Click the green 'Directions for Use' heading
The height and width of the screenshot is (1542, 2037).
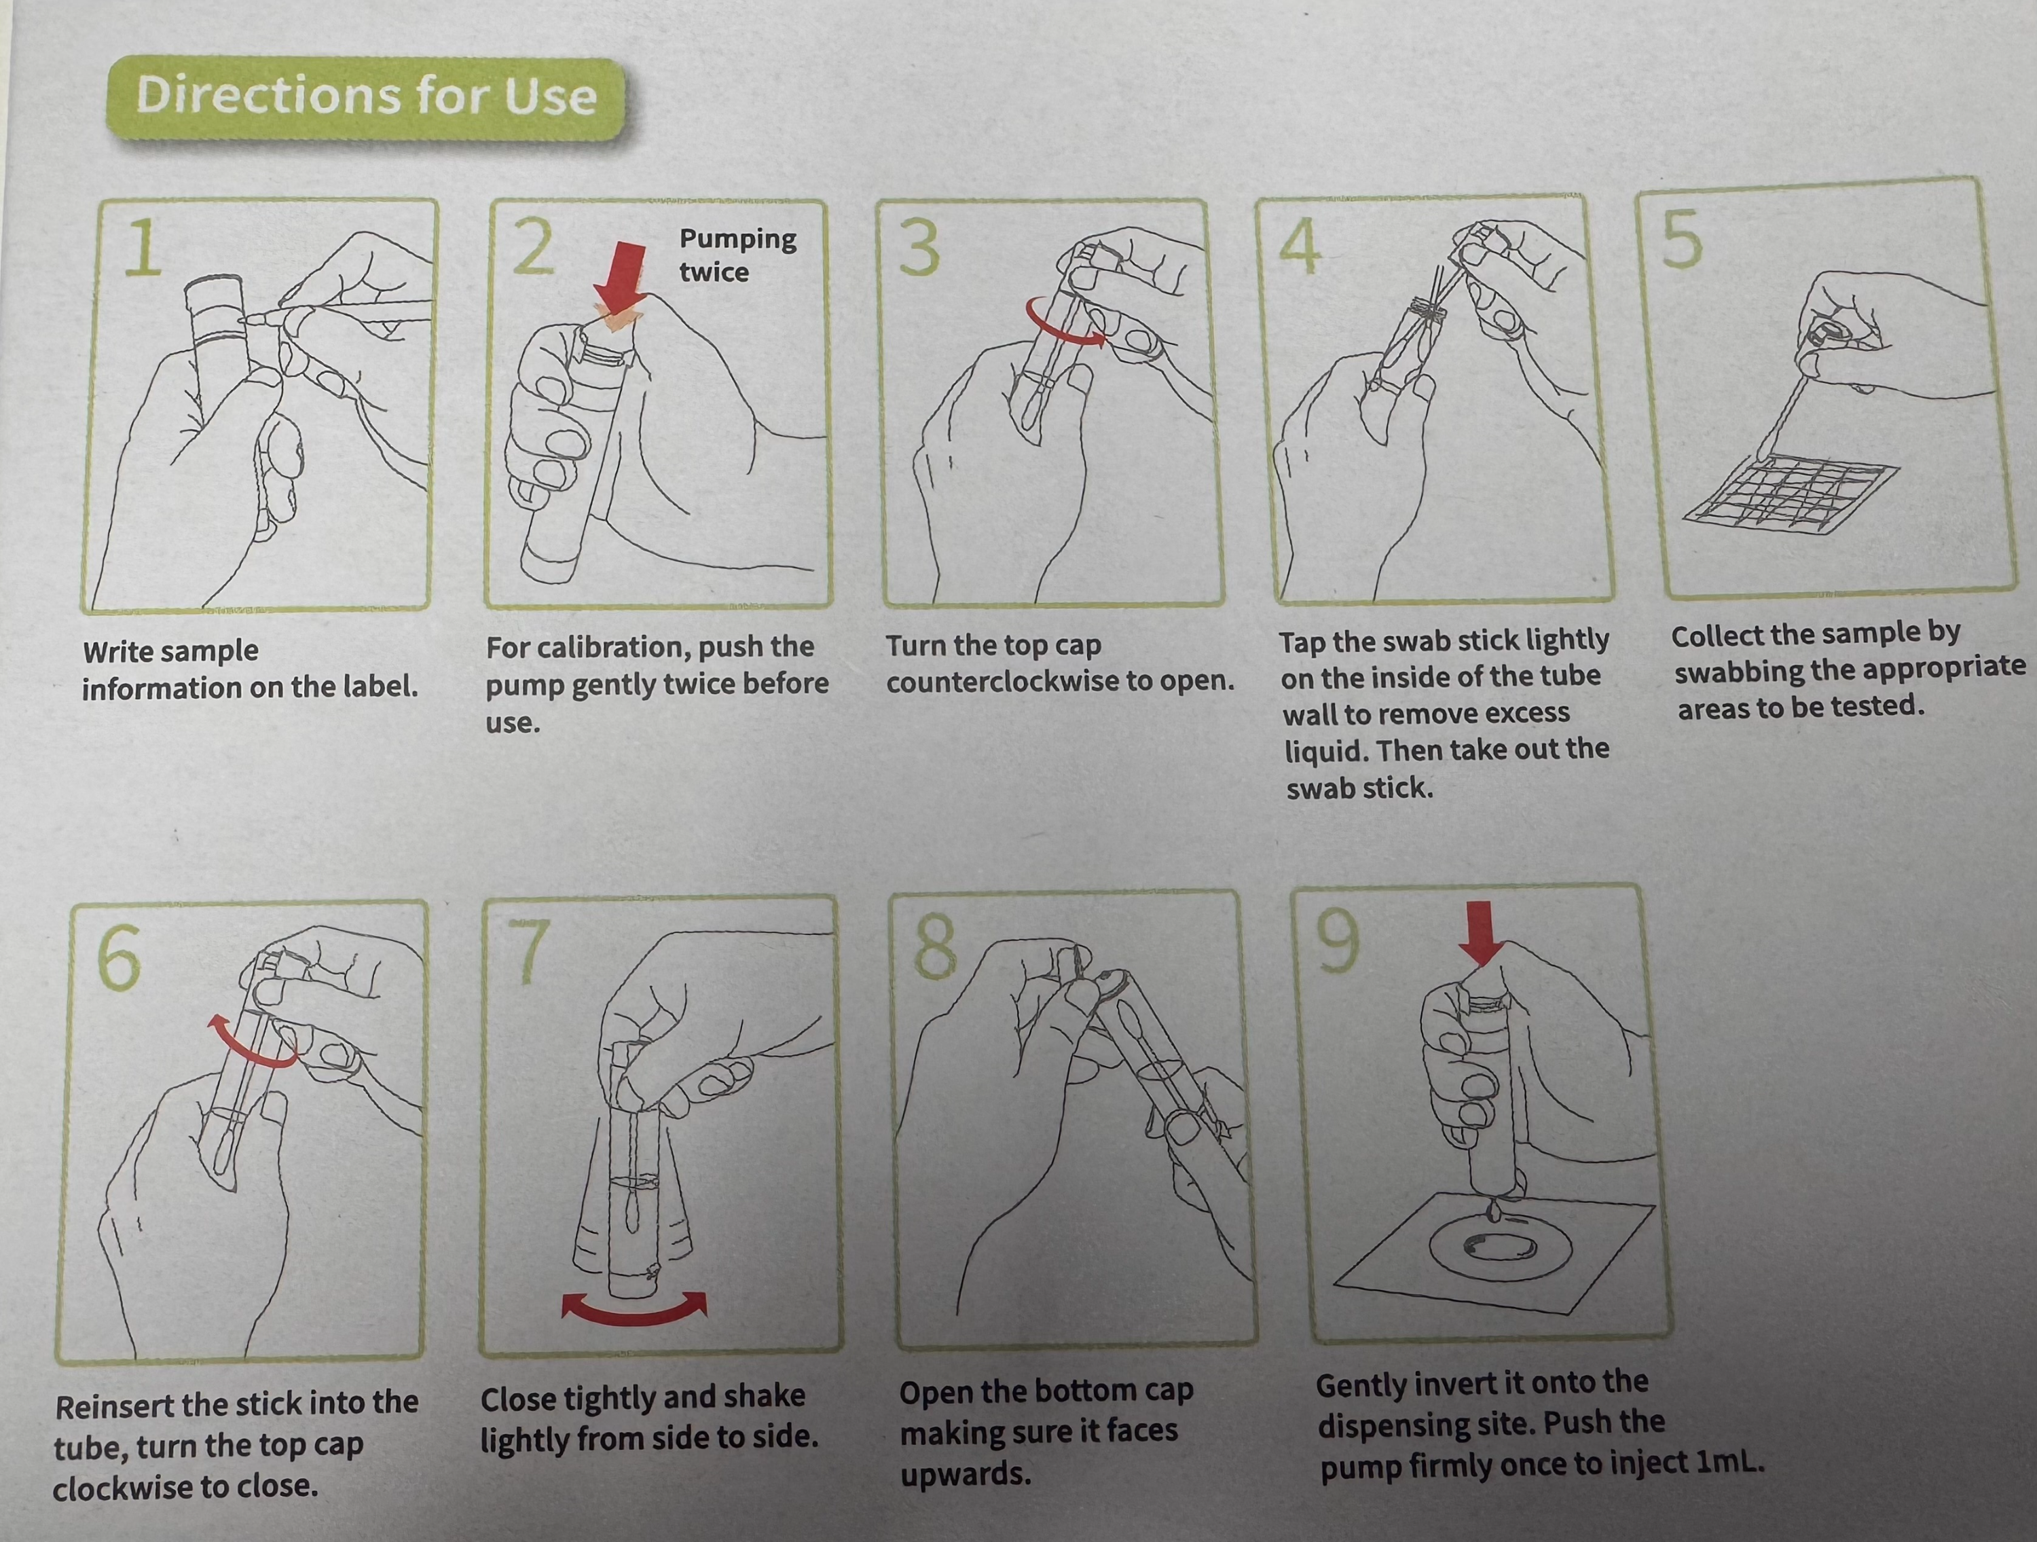pos(365,98)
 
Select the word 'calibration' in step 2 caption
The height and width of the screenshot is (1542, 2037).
pos(608,648)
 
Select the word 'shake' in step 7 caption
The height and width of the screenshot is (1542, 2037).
pos(765,1397)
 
